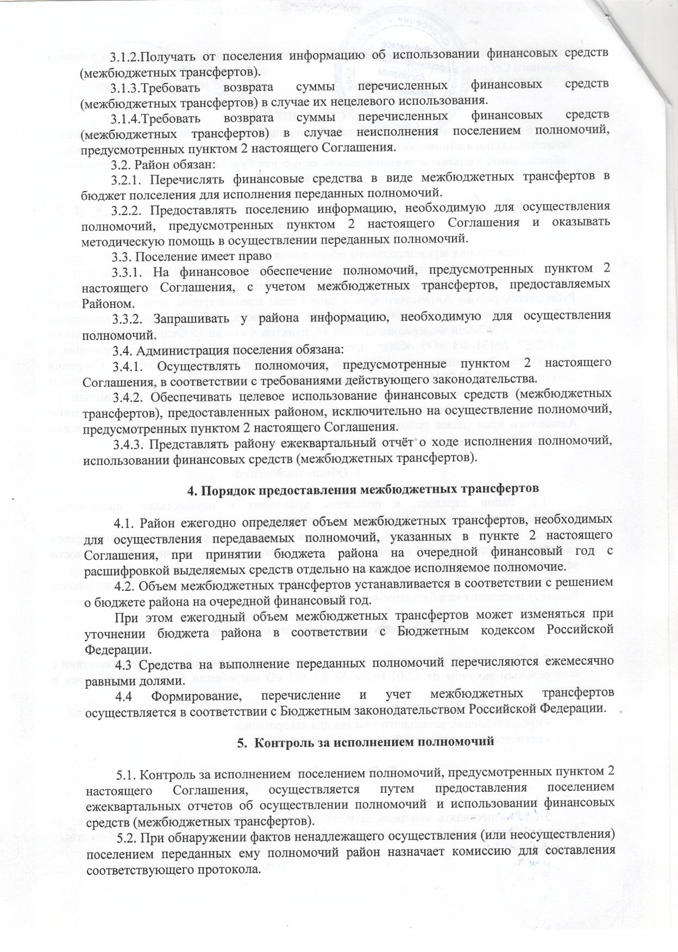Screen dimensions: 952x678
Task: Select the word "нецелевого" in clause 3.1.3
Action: (342, 100)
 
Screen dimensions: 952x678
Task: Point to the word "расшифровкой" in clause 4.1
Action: (125, 568)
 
